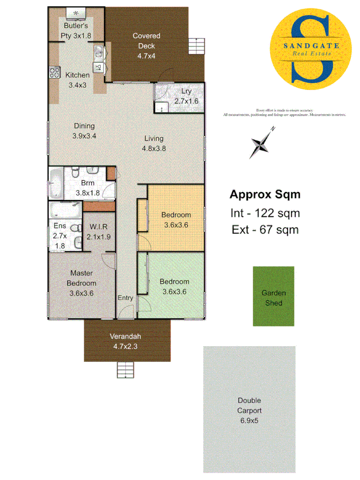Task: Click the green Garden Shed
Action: click(x=273, y=296)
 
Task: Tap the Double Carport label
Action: click(x=249, y=411)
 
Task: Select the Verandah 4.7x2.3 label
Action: click(x=125, y=341)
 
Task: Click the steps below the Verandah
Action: click(x=125, y=370)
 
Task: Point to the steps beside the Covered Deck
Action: click(x=197, y=46)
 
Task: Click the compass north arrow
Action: click(x=261, y=142)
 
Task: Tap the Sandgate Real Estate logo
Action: click(x=312, y=49)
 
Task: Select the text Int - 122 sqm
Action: click(x=265, y=213)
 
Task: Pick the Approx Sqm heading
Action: click(x=265, y=195)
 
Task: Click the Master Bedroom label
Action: click(x=82, y=283)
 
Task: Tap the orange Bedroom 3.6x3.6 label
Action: click(x=176, y=220)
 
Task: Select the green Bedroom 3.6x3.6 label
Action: click(x=175, y=286)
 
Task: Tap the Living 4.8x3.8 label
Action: click(x=154, y=143)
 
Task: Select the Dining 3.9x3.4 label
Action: click(x=84, y=131)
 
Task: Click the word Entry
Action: click(x=125, y=298)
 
